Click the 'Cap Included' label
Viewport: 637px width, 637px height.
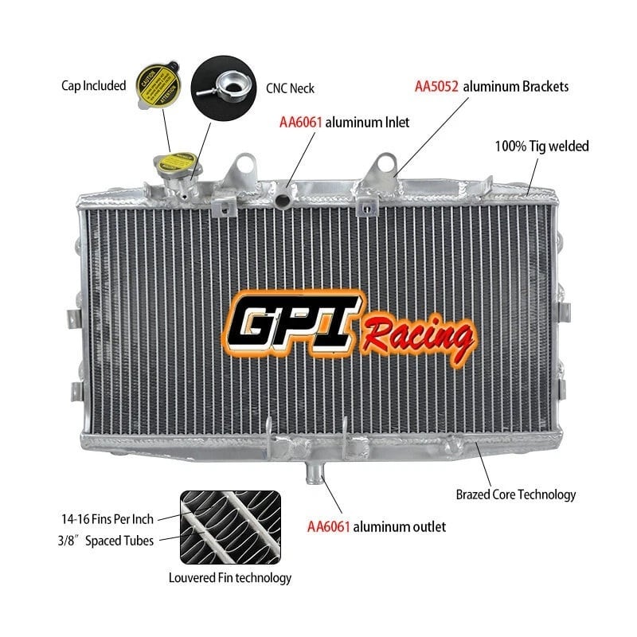92,85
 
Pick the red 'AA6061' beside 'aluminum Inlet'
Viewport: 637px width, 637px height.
299,123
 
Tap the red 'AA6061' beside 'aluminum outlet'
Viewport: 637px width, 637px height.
328,526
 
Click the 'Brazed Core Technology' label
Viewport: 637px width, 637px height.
515,494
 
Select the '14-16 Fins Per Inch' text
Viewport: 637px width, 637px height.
107,518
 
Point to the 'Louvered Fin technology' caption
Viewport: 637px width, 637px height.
229,578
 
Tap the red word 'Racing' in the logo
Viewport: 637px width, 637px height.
417,334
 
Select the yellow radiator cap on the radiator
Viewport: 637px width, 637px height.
169,167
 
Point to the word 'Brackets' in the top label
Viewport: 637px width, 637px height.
543,86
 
